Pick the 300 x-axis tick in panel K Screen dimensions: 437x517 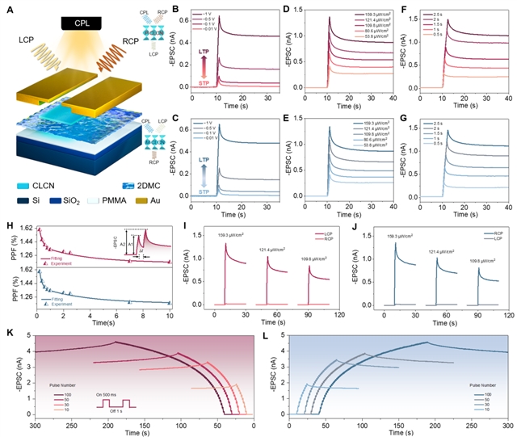(x=36, y=423)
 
